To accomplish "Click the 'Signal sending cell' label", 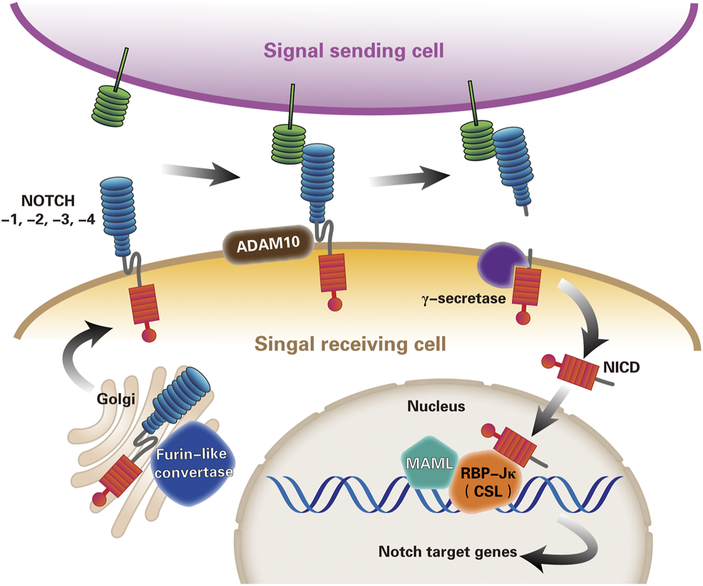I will (354, 51).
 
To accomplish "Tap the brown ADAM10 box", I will (267, 247).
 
